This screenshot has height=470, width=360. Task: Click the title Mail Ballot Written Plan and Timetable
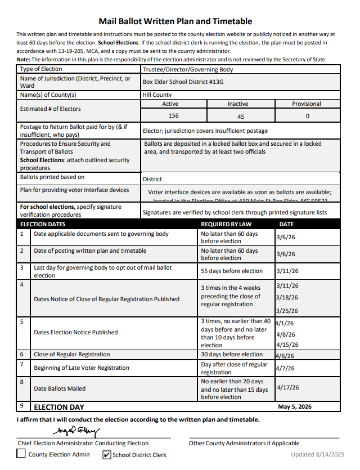pos(175,21)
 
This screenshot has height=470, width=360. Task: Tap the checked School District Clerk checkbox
pos(107,454)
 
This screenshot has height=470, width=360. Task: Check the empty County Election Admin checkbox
pos(21,454)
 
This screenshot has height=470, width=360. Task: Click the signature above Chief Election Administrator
pos(76,432)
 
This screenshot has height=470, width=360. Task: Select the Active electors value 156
pos(173,116)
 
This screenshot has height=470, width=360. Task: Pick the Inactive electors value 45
pos(241,117)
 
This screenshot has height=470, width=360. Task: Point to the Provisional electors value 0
pos(307,117)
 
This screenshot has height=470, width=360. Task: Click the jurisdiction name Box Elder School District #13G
pos(183,82)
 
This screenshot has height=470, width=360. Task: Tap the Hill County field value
pos(157,95)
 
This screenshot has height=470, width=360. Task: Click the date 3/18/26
pos(287,297)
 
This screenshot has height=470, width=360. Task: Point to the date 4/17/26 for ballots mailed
pos(288,387)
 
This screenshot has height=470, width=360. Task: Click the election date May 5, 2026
pos(295,406)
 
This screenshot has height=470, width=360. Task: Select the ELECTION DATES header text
pos(43,224)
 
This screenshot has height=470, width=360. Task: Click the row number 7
pos(22,364)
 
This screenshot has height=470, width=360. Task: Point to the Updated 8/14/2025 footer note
pos(317,454)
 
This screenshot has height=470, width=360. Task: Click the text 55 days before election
pos(232,271)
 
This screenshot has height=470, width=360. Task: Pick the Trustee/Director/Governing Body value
pos(188,70)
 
